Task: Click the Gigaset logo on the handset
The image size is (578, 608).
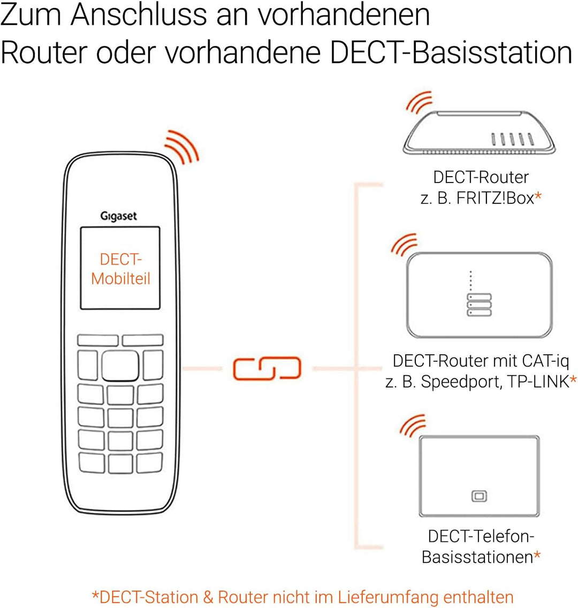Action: [x=118, y=216]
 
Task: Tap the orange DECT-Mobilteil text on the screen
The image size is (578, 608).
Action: [x=120, y=269]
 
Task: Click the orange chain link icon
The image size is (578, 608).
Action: [x=267, y=368]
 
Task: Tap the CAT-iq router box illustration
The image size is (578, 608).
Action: [x=479, y=295]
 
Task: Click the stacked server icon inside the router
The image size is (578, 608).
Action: [x=479, y=305]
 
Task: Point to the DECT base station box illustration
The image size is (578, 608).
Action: [x=479, y=476]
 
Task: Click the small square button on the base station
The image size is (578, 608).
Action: [x=479, y=496]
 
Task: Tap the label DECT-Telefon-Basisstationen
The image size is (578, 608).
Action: [x=481, y=546]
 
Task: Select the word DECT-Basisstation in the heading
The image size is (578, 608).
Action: [x=451, y=52]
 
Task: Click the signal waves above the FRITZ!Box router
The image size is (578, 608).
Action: [x=419, y=102]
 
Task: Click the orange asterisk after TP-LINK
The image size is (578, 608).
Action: [x=573, y=379]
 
